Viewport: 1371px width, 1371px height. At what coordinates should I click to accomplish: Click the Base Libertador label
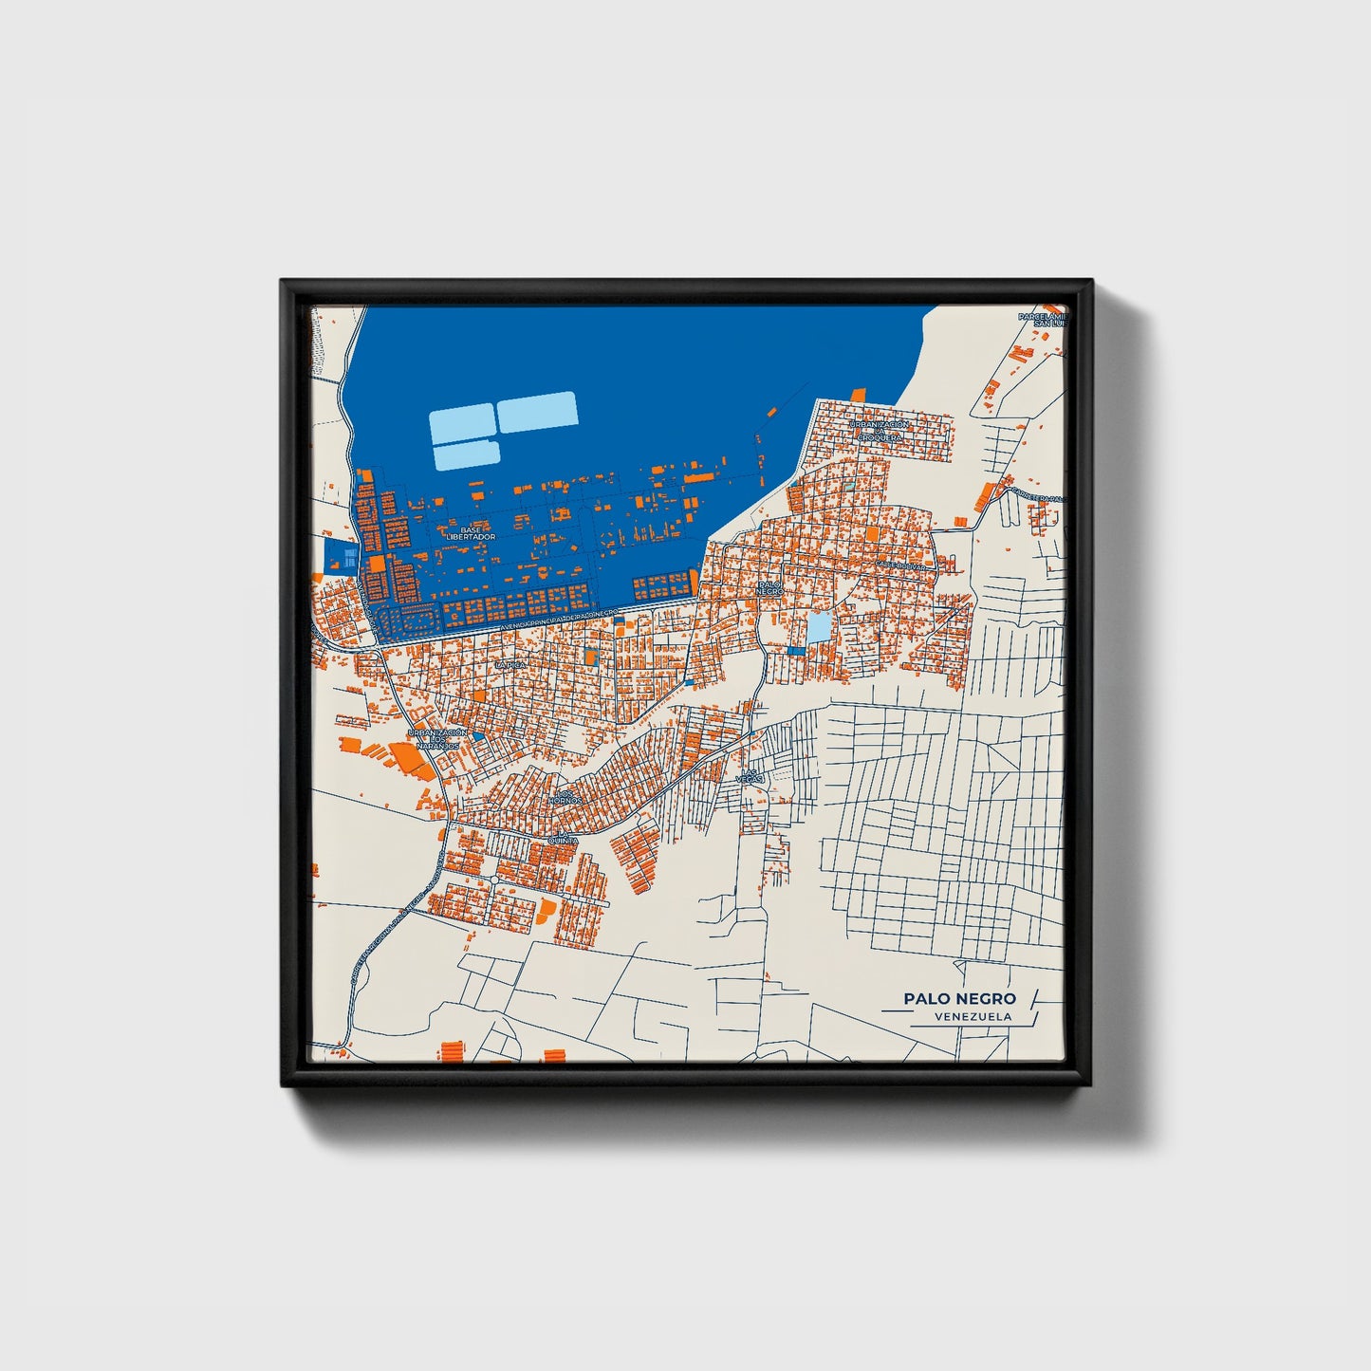point(471,533)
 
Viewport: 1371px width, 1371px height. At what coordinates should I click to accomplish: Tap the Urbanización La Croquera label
point(880,431)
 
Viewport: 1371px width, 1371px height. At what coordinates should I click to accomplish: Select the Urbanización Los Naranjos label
point(436,739)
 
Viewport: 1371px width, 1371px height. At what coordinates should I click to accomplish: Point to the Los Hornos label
point(565,797)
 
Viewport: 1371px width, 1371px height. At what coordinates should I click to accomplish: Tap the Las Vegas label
point(750,775)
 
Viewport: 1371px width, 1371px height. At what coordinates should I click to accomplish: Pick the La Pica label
point(509,665)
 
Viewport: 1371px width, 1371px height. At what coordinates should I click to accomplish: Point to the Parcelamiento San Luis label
point(1042,320)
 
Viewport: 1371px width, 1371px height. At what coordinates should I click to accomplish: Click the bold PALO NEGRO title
point(959,998)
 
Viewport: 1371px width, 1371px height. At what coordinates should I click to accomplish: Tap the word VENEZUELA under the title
point(973,1017)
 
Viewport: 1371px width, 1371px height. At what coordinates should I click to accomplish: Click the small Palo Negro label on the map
point(770,586)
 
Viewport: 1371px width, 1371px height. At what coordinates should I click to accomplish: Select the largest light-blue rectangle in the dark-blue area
point(538,412)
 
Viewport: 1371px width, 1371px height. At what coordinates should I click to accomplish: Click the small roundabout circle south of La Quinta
point(494,881)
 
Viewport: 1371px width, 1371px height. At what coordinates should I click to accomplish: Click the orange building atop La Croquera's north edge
point(858,394)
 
